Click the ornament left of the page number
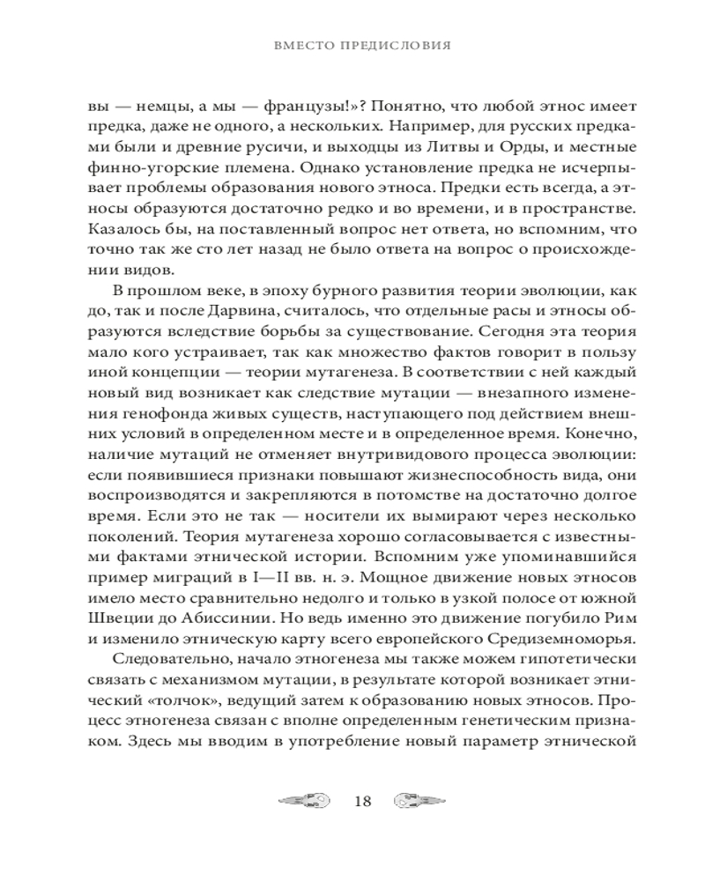click(x=304, y=801)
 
